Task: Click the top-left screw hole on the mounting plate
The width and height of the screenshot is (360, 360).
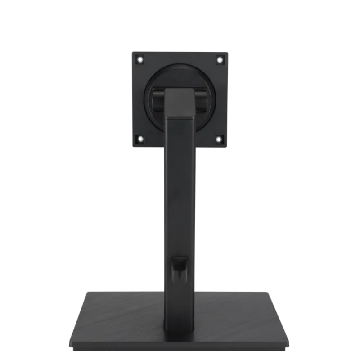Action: (140, 59)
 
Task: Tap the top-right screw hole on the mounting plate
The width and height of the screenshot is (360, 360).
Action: (219, 59)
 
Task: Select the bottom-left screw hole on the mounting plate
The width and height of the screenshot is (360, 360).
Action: (140, 139)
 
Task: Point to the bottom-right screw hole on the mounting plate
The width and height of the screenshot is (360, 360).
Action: (219, 139)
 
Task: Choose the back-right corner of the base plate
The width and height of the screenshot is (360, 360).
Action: (276, 291)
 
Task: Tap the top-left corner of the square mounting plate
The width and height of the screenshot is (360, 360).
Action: (133, 53)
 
